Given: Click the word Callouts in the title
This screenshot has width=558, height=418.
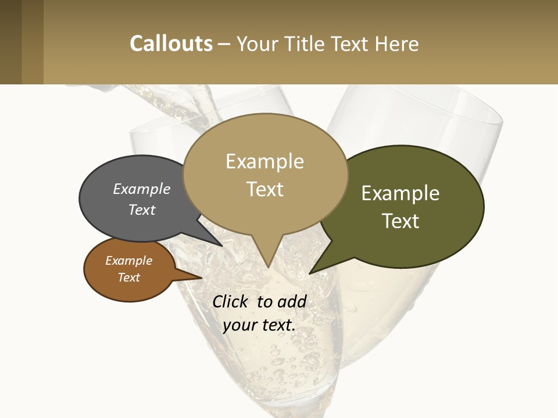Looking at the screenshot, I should pos(171,44).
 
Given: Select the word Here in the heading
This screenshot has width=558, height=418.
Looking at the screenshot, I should pos(397,44).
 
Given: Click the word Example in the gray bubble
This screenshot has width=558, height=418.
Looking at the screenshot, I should pos(141,189).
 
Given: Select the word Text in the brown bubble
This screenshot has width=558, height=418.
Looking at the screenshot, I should pos(128,278).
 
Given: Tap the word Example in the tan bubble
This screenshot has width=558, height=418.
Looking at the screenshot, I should pos(264,161).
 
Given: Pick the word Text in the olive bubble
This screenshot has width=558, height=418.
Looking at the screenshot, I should pos(400,221).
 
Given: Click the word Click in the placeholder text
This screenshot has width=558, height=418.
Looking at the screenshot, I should pos(232,301).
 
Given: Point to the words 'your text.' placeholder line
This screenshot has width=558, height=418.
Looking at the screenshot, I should pos(259,325).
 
